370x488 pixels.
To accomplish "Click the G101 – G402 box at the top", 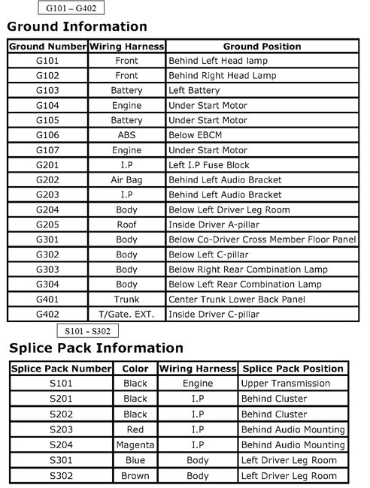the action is pos(70,9).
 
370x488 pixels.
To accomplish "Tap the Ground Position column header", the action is pos(262,47).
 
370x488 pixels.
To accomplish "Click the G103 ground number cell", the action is pos(47,90).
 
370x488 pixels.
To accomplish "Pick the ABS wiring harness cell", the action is pos(127,135).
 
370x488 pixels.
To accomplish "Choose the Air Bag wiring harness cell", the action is pos(127,180).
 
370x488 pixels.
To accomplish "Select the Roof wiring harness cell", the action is pos(127,224).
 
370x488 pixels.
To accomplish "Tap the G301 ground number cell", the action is pos(47,239).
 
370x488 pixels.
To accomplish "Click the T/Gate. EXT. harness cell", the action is pos(127,314).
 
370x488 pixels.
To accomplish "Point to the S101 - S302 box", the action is pos(87,330).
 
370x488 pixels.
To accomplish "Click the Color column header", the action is pos(135,369).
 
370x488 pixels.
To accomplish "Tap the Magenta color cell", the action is pos(135,445).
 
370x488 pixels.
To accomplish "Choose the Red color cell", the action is pos(135,430).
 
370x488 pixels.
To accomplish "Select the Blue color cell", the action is pos(135,461).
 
